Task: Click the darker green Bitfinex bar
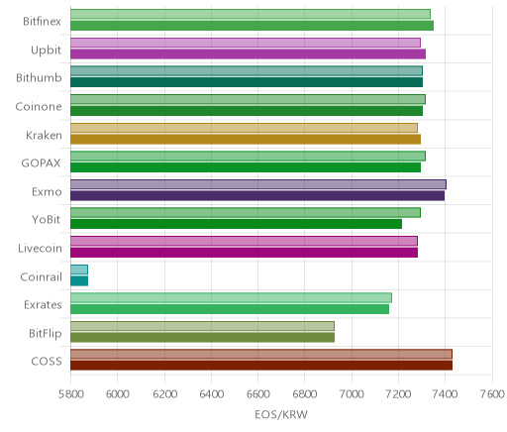[252, 26]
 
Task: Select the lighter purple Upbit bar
[246, 43]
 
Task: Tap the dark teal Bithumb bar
[247, 82]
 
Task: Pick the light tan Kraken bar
[244, 128]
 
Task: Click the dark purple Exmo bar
[257, 195]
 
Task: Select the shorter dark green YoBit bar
[236, 224]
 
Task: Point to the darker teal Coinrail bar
[79, 281]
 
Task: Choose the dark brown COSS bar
[261, 366]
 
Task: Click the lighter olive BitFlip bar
[202, 326]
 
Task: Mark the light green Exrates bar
[231, 297]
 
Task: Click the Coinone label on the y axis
[39, 107]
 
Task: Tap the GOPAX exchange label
[41, 163]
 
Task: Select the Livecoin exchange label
[40, 248]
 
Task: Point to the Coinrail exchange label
[41, 276]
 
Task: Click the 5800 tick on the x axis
[70, 394]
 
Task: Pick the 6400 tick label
[212, 394]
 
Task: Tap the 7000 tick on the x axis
[352, 394]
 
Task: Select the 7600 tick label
[492, 394]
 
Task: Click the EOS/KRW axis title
[281, 414]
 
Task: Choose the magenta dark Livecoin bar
[244, 253]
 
